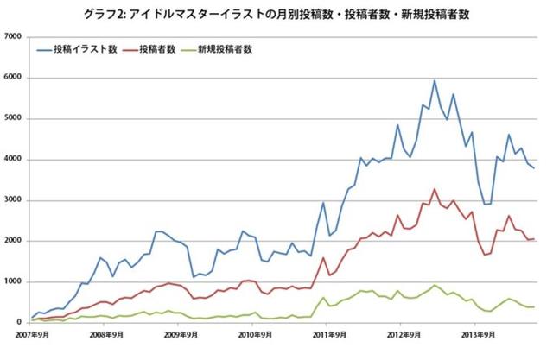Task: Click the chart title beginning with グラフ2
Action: point(278,15)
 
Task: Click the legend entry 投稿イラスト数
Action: point(95,50)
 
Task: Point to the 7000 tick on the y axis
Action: point(15,37)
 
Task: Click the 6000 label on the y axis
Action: point(15,78)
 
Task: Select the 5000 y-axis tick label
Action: point(15,118)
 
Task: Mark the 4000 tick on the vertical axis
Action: point(15,160)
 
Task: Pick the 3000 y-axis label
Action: point(15,200)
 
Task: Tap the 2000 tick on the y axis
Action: point(15,241)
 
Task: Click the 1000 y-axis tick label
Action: point(15,281)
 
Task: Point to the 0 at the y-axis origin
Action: point(21,322)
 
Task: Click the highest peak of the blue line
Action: point(435,81)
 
